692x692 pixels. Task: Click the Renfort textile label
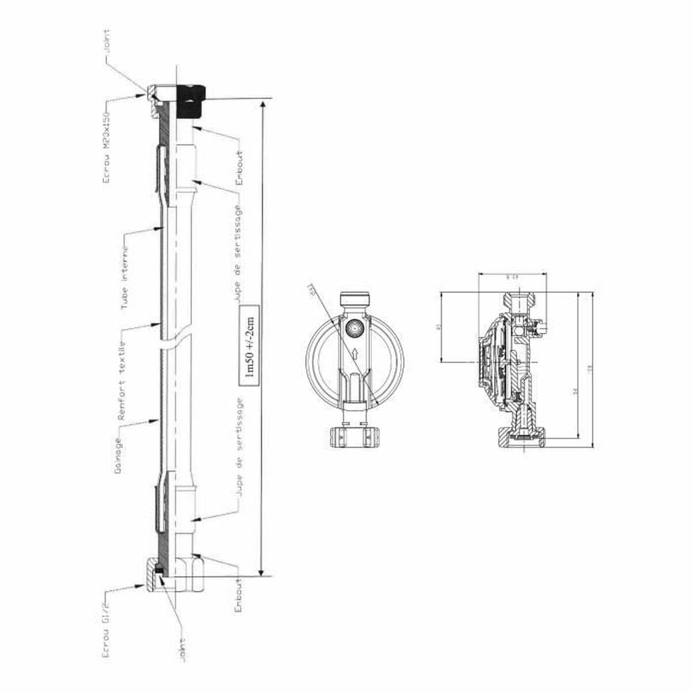pos(122,381)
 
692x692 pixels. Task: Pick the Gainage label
pos(118,456)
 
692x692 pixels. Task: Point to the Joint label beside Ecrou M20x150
pos(107,44)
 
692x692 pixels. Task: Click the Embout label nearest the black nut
pos(240,168)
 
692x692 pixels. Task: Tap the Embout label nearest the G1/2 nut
pos(239,593)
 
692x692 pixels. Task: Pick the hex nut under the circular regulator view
pos(354,437)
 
